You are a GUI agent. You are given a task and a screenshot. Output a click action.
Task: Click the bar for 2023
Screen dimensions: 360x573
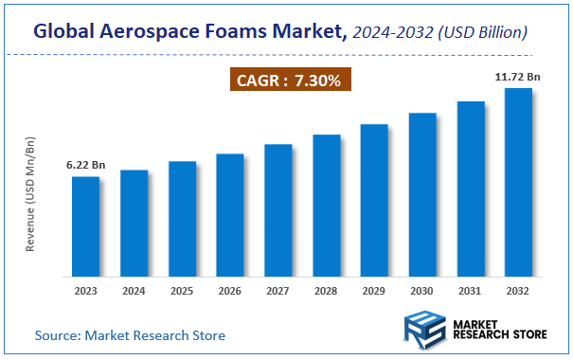(x=85, y=225)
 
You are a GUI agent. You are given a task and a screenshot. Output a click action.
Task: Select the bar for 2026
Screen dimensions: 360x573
(x=230, y=214)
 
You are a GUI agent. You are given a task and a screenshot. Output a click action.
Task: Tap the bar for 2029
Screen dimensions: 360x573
(x=374, y=199)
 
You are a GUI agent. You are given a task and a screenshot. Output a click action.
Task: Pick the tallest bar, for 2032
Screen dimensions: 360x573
(x=518, y=181)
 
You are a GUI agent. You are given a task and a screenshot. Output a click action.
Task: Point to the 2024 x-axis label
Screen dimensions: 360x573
(x=134, y=291)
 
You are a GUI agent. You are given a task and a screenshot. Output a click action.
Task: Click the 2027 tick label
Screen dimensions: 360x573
(x=278, y=291)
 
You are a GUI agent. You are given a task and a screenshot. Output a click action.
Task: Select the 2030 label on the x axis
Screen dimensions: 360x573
(x=422, y=291)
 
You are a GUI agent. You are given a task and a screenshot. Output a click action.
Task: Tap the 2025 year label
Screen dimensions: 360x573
(x=182, y=291)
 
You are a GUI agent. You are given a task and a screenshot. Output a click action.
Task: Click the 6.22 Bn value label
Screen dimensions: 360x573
(x=85, y=166)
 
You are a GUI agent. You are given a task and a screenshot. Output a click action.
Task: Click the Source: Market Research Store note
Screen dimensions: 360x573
(x=131, y=335)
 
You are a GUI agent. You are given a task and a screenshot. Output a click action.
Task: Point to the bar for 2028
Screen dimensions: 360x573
(x=326, y=205)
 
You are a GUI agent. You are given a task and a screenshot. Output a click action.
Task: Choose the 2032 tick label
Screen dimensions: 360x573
(x=518, y=291)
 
